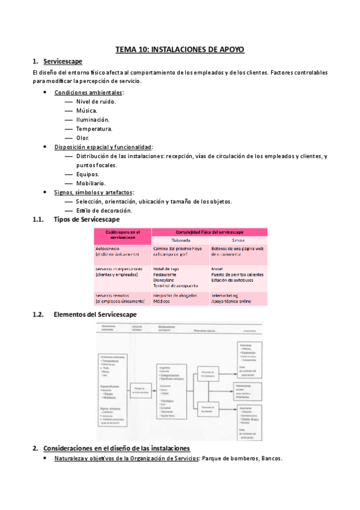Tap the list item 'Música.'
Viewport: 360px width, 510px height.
88,111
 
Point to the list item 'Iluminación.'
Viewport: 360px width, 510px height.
93,120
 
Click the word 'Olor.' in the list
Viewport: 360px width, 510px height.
82,138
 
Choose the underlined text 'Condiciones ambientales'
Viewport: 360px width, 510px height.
88,93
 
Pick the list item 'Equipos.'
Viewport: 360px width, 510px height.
88,174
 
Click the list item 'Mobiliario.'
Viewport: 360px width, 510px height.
91,183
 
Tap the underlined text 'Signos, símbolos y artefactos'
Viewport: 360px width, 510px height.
93,192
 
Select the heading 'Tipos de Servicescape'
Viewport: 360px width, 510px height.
87,220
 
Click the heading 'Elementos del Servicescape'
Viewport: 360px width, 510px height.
95,314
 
